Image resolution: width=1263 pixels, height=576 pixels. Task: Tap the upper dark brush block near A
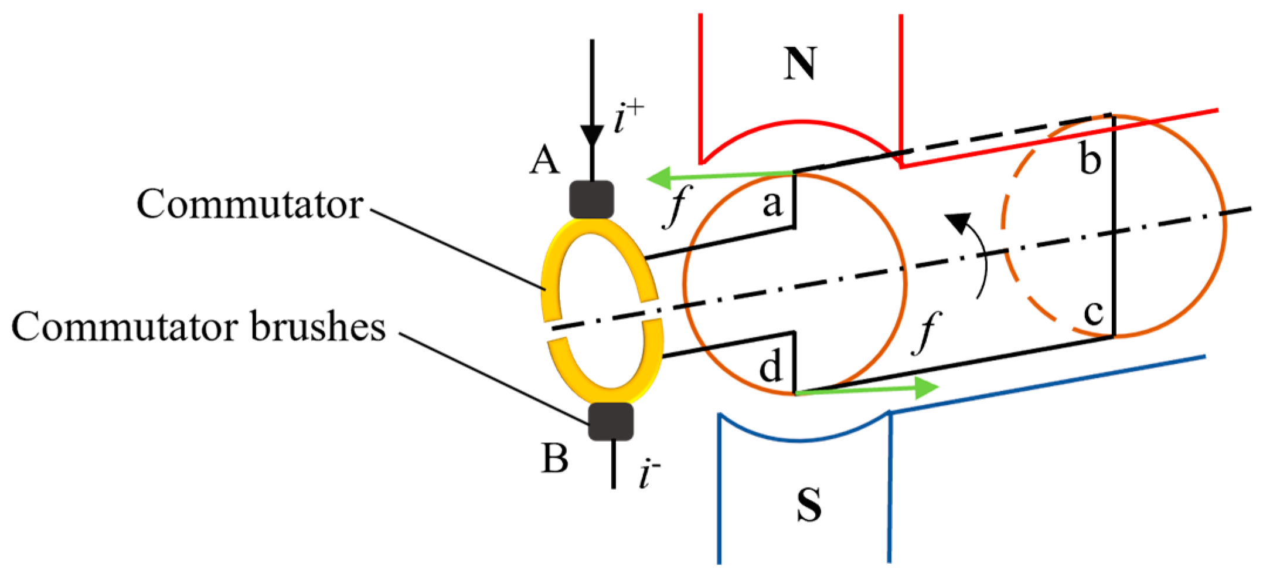[x=591, y=199]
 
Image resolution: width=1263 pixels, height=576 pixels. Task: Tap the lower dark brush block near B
[x=611, y=421]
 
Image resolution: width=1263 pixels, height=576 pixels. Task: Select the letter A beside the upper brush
[x=544, y=160]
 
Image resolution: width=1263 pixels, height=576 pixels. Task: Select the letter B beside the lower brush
[x=554, y=458]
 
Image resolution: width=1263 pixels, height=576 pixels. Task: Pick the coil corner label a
[x=772, y=204]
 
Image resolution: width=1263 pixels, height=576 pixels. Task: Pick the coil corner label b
[x=1090, y=159]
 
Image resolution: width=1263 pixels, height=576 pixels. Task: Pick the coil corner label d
[x=770, y=367]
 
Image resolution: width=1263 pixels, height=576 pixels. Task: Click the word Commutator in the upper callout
[x=250, y=205]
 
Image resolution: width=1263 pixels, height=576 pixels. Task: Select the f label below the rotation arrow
[x=927, y=333]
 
